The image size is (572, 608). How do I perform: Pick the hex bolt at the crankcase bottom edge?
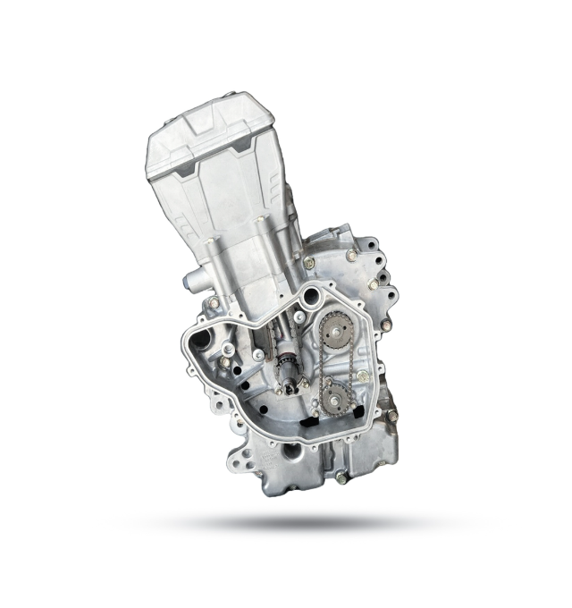pos(341,477)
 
